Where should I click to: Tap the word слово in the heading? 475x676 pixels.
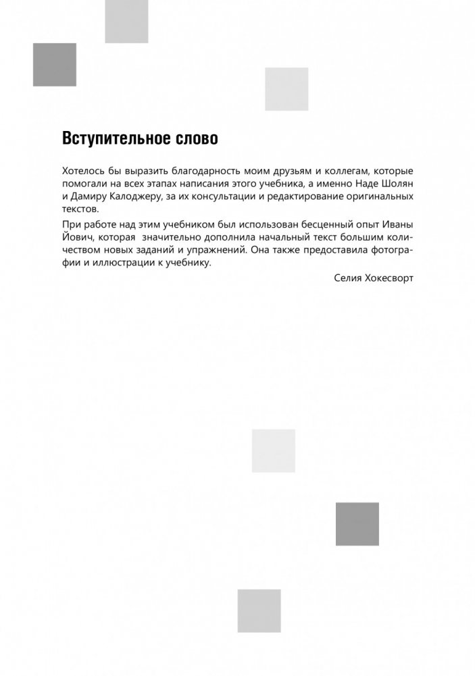(x=196, y=138)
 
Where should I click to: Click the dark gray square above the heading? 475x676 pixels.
(x=55, y=64)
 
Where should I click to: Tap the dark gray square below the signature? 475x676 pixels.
(x=357, y=524)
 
